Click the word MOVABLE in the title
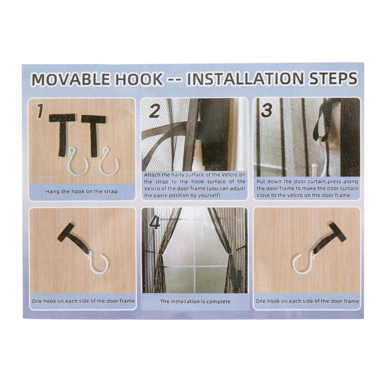pyautogui.click(x=71, y=79)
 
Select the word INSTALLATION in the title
pyautogui.click(x=245, y=78)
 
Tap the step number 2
pyautogui.click(x=155, y=111)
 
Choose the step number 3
pyautogui.click(x=267, y=110)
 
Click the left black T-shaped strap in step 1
pyautogui.click(x=62, y=135)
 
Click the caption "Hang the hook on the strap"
pyautogui.click(x=81, y=191)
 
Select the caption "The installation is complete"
pyautogui.click(x=195, y=301)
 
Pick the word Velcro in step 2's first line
pyautogui.click(x=229, y=174)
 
